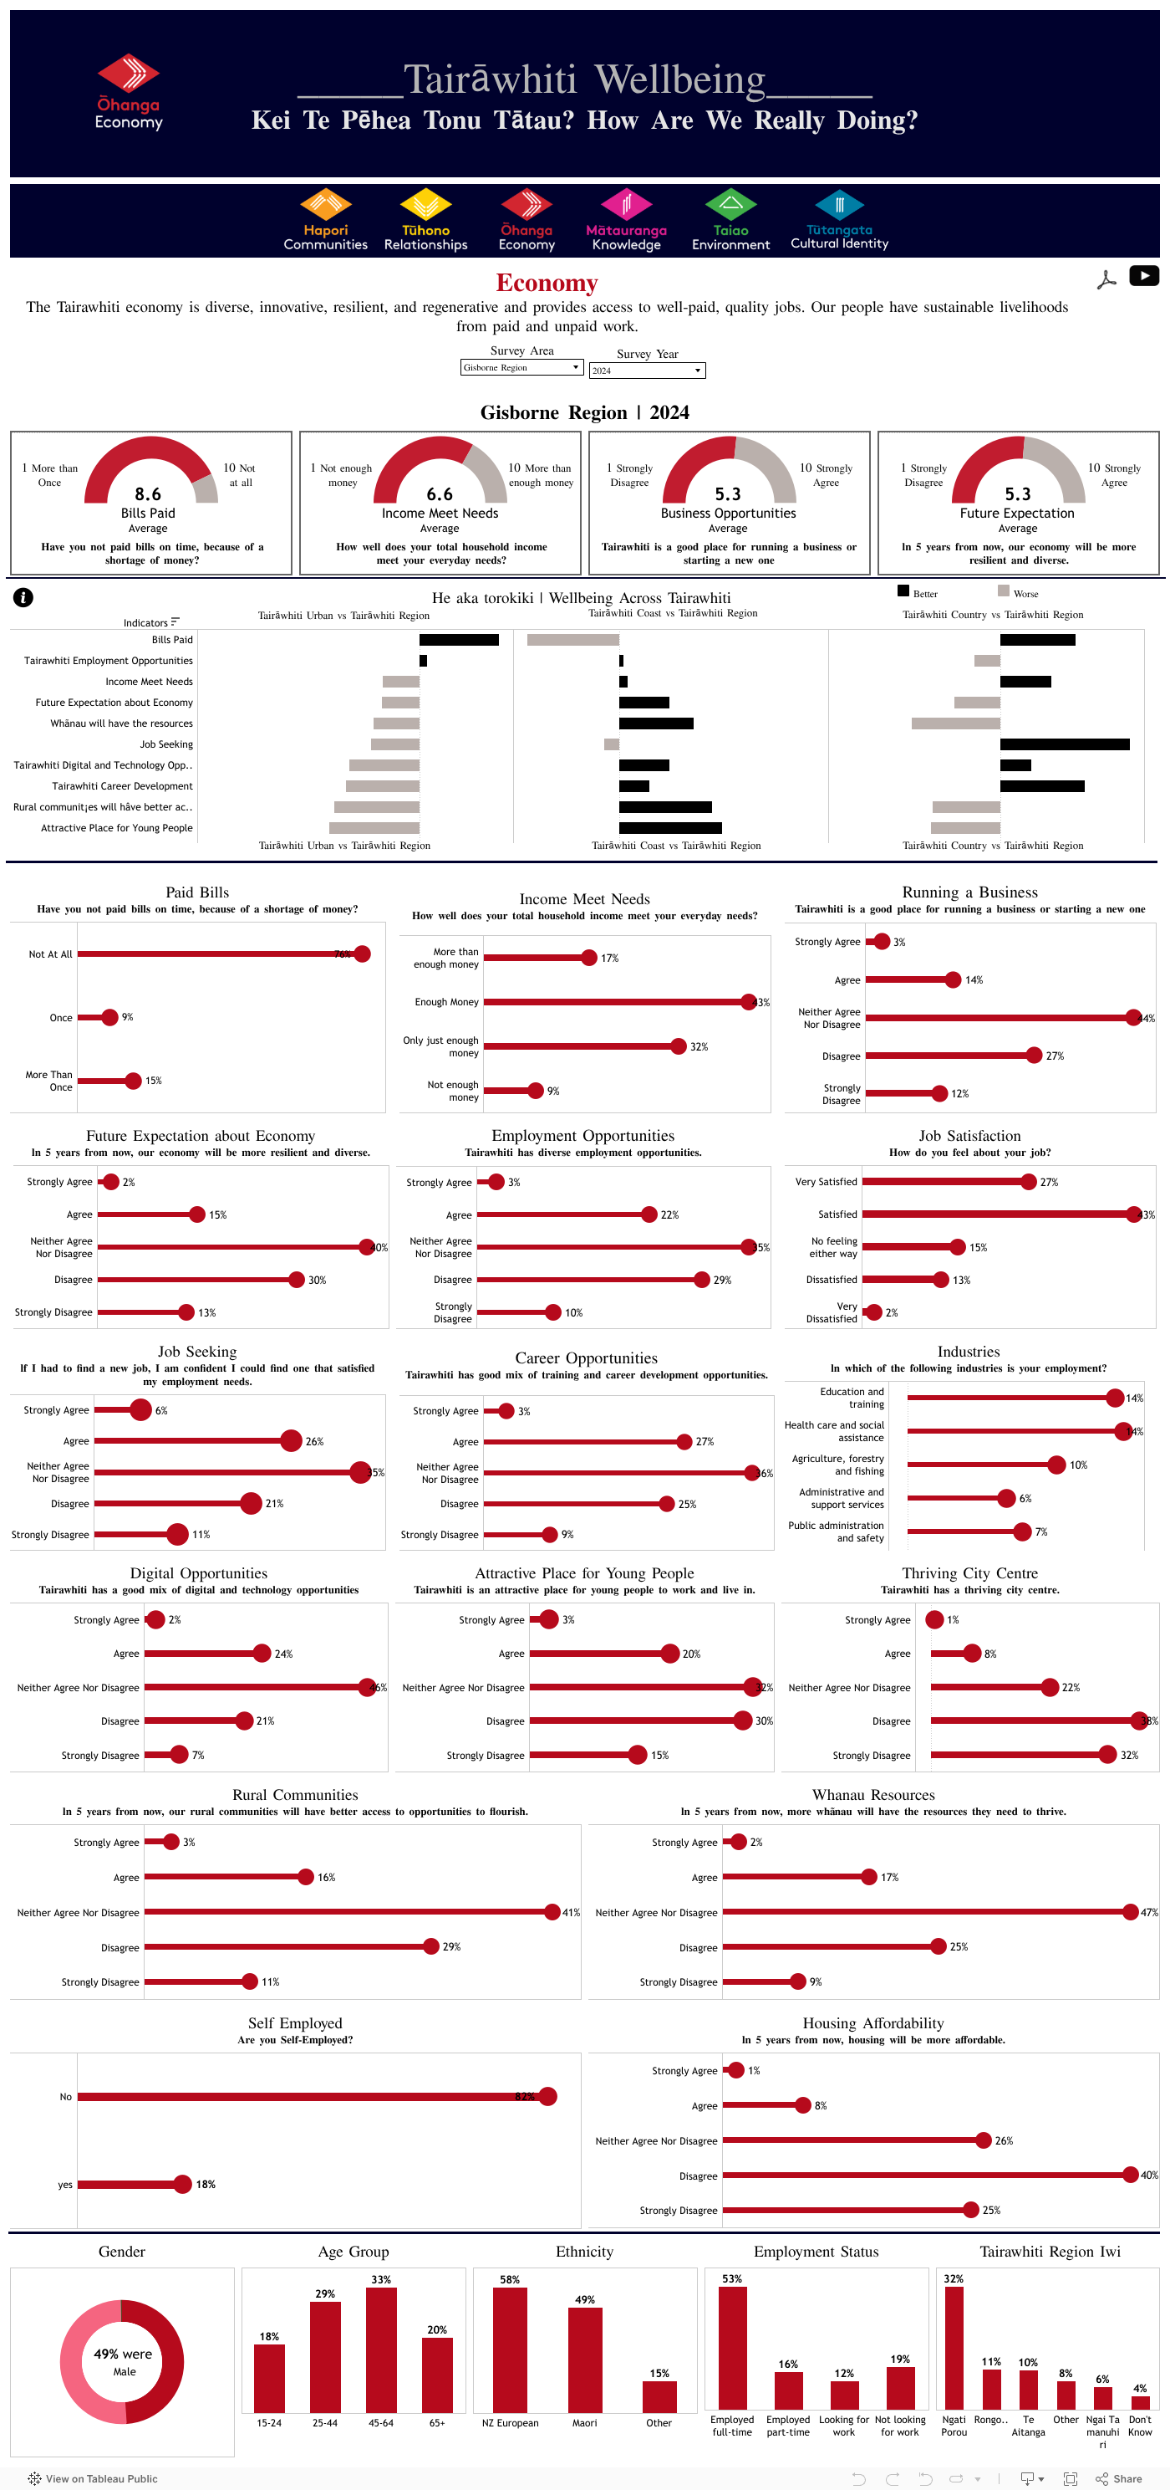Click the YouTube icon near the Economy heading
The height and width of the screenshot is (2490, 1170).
click(1143, 277)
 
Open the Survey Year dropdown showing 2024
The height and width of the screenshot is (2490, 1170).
click(648, 371)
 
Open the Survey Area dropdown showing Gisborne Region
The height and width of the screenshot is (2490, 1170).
click(521, 367)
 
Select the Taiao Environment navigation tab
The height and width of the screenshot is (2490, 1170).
click(730, 220)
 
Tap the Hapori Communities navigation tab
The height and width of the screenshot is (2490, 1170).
click(326, 220)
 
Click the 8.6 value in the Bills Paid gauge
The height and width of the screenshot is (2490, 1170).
click(148, 494)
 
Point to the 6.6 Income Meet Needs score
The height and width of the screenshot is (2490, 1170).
click(440, 494)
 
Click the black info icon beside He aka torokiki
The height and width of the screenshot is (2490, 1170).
click(23, 597)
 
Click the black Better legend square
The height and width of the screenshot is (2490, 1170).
click(903, 591)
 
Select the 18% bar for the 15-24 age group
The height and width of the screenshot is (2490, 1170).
click(270, 2378)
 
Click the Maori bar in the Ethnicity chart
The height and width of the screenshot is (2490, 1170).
click(584, 2359)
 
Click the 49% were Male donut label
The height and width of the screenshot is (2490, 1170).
click(123, 2361)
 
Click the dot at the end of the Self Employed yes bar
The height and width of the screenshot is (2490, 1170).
click(182, 2185)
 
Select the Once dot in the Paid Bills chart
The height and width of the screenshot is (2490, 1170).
click(110, 1017)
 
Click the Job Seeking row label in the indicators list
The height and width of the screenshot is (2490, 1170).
click(166, 744)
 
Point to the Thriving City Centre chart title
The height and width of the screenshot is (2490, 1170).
click(969, 1573)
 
